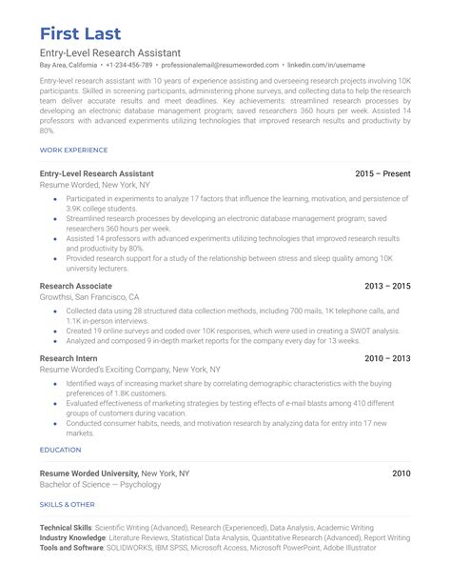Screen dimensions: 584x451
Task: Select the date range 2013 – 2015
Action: point(387,285)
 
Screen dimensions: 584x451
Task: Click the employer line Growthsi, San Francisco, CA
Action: point(89,296)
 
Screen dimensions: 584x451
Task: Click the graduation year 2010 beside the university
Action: point(401,473)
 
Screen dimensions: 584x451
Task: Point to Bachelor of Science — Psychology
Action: point(101,484)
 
